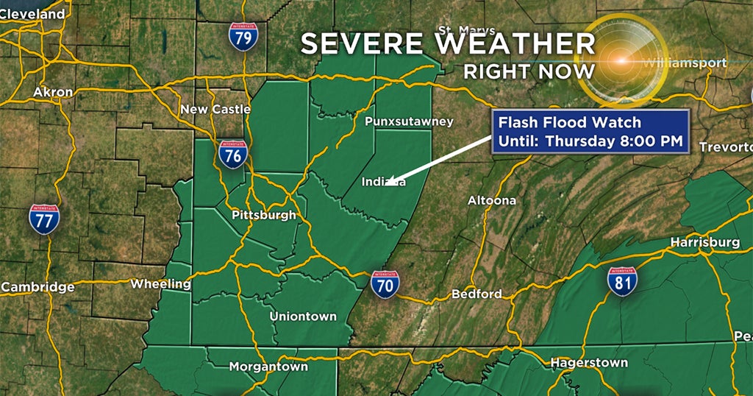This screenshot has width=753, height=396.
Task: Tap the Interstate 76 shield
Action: tap(232, 155)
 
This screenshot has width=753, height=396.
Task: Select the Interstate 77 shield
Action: tap(44, 219)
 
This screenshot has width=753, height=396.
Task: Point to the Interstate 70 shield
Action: tap(385, 284)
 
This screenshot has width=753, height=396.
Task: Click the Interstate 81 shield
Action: tap(622, 281)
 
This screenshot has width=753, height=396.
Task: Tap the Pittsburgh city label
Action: tap(263, 215)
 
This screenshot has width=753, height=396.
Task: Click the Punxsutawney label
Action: tap(409, 121)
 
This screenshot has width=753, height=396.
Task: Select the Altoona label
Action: tap(492, 199)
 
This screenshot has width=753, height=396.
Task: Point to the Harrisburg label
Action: tap(704, 242)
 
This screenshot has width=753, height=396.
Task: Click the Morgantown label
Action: tap(263, 366)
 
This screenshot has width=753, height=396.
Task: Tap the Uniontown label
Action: tap(303, 316)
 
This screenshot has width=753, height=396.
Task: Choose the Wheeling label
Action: tap(160, 283)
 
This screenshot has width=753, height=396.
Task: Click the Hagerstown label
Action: tap(590, 362)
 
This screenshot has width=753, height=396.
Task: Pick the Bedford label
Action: tap(477, 294)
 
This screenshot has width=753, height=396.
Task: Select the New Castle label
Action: tap(215, 109)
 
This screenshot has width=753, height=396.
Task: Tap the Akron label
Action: tap(53, 92)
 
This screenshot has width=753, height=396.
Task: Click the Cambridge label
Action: tap(38, 286)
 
